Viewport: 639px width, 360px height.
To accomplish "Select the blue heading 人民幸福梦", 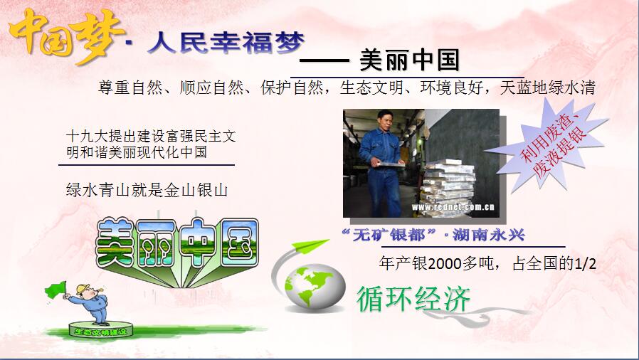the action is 226,43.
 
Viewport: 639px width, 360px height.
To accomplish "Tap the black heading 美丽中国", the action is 409,60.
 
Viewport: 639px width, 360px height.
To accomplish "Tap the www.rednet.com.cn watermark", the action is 453,207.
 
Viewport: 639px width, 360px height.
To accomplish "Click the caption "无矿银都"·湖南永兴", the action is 433,235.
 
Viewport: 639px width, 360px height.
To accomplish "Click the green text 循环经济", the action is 413,299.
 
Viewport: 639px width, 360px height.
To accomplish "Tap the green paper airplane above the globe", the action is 310,245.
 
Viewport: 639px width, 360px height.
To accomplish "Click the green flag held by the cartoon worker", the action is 56,290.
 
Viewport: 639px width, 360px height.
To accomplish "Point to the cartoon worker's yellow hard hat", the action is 83,288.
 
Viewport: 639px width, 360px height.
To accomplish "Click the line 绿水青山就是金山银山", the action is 147,190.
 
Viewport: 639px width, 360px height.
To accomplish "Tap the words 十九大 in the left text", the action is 86,136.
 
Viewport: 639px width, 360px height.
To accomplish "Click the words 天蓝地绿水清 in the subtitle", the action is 548,88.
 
